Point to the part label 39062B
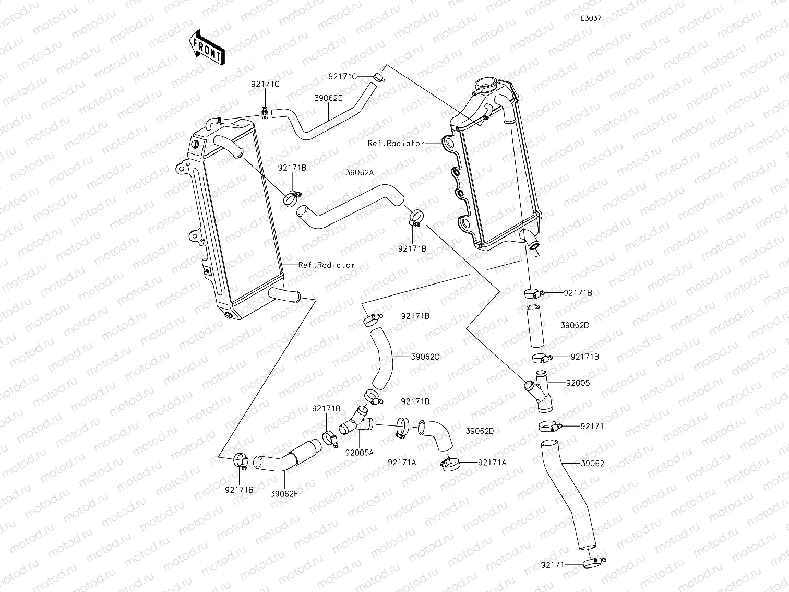coord(575,325)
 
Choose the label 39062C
coord(425,357)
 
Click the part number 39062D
coord(480,431)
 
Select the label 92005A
coord(360,453)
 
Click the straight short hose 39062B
coord(535,326)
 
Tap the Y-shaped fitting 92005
coord(538,390)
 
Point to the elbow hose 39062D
coord(437,434)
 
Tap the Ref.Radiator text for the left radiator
coord(326,265)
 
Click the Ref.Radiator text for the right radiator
coord(396,143)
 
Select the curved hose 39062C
coord(384,359)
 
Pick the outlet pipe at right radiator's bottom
coord(531,239)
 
